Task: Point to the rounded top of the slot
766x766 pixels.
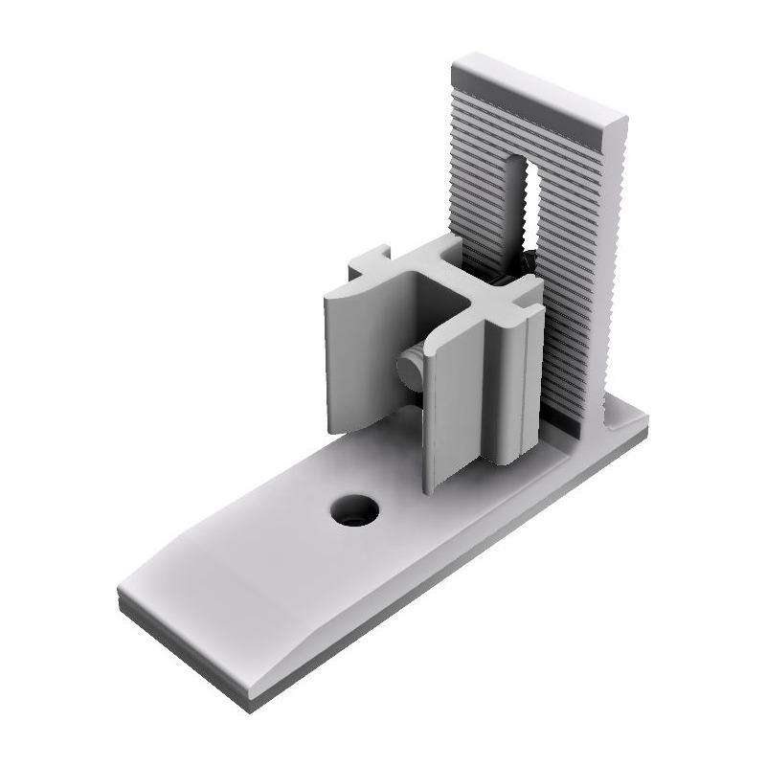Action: pyautogui.click(x=522, y=158)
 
